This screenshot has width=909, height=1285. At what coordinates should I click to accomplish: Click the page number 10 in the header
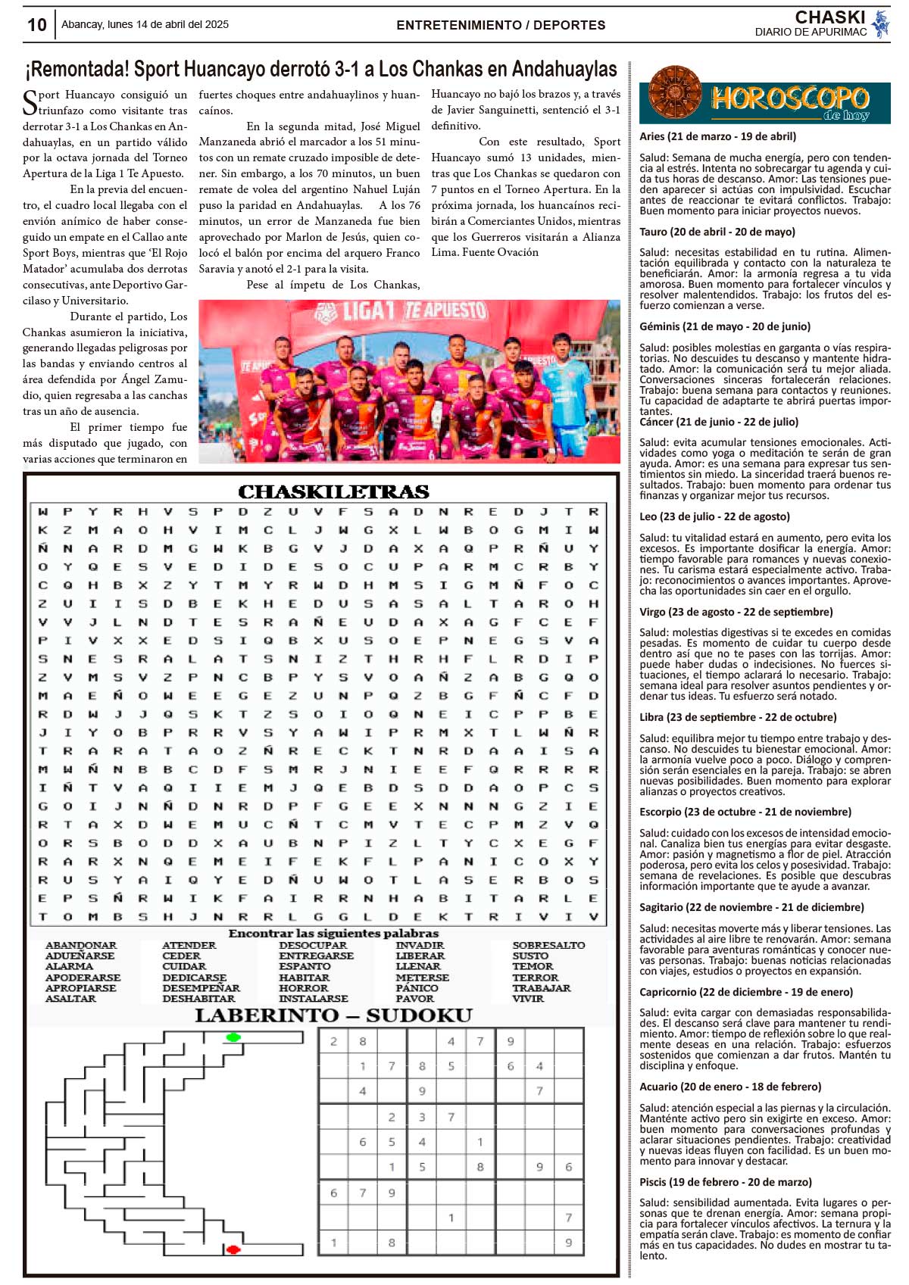(36, 25)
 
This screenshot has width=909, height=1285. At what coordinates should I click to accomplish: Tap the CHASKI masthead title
(829, 17)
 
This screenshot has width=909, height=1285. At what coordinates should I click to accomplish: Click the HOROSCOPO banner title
(789, 98)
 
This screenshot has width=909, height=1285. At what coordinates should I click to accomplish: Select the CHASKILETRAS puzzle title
(333, 492)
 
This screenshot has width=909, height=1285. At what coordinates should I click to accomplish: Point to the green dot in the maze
(233, 1037)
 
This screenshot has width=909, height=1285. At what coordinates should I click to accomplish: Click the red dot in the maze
(233, 1249)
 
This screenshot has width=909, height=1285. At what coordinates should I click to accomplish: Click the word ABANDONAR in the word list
(81, 945)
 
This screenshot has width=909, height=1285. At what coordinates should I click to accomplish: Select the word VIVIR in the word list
(528, 999)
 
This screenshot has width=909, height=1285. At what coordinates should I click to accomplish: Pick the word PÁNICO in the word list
(417, 988)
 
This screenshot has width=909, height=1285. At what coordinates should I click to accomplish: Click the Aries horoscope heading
(717, 136)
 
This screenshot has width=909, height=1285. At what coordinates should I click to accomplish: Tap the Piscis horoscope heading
(725, 1182)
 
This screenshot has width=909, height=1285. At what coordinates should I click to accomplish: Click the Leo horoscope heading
(714, 516)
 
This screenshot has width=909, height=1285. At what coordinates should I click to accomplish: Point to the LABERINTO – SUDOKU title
(333, 1015)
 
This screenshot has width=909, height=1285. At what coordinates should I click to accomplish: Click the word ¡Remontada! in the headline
(77, 70)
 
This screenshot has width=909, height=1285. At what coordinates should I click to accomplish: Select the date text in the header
(145, 24)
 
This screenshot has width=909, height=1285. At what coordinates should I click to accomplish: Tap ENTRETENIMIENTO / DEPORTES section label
(501, 25)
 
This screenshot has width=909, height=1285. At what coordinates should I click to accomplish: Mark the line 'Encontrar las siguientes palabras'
(333, 933)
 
